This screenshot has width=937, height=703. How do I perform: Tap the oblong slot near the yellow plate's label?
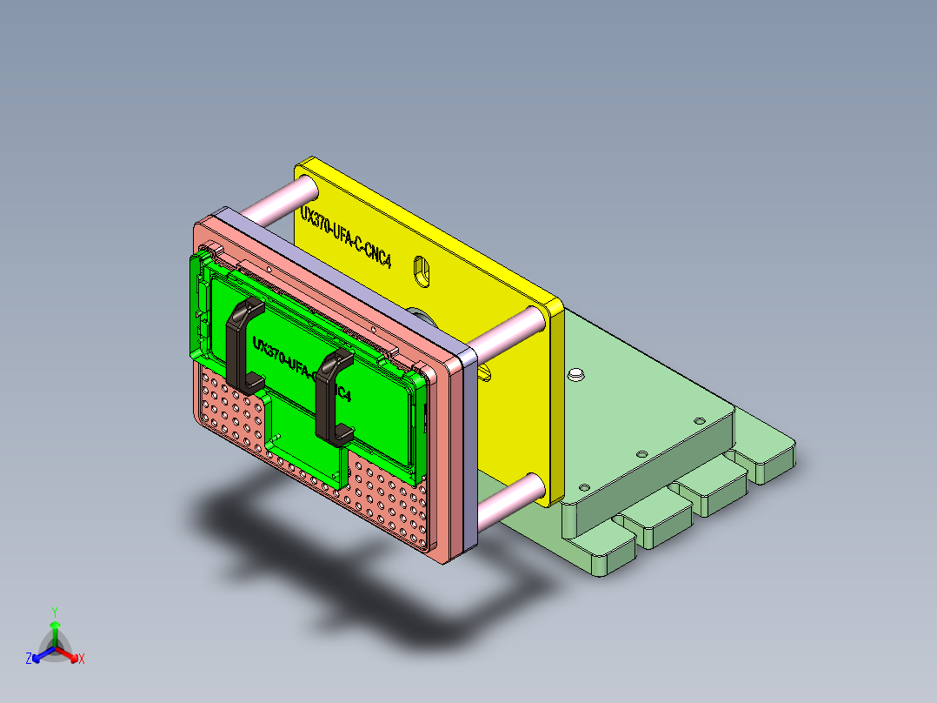[422, 271]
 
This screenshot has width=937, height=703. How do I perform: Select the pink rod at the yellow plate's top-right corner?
[509, 336]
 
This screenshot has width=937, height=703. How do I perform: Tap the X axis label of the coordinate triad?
[81, 659]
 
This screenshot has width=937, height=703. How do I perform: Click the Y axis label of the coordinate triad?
[54, 612]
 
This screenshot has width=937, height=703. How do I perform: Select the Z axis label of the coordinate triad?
[29, 659]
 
